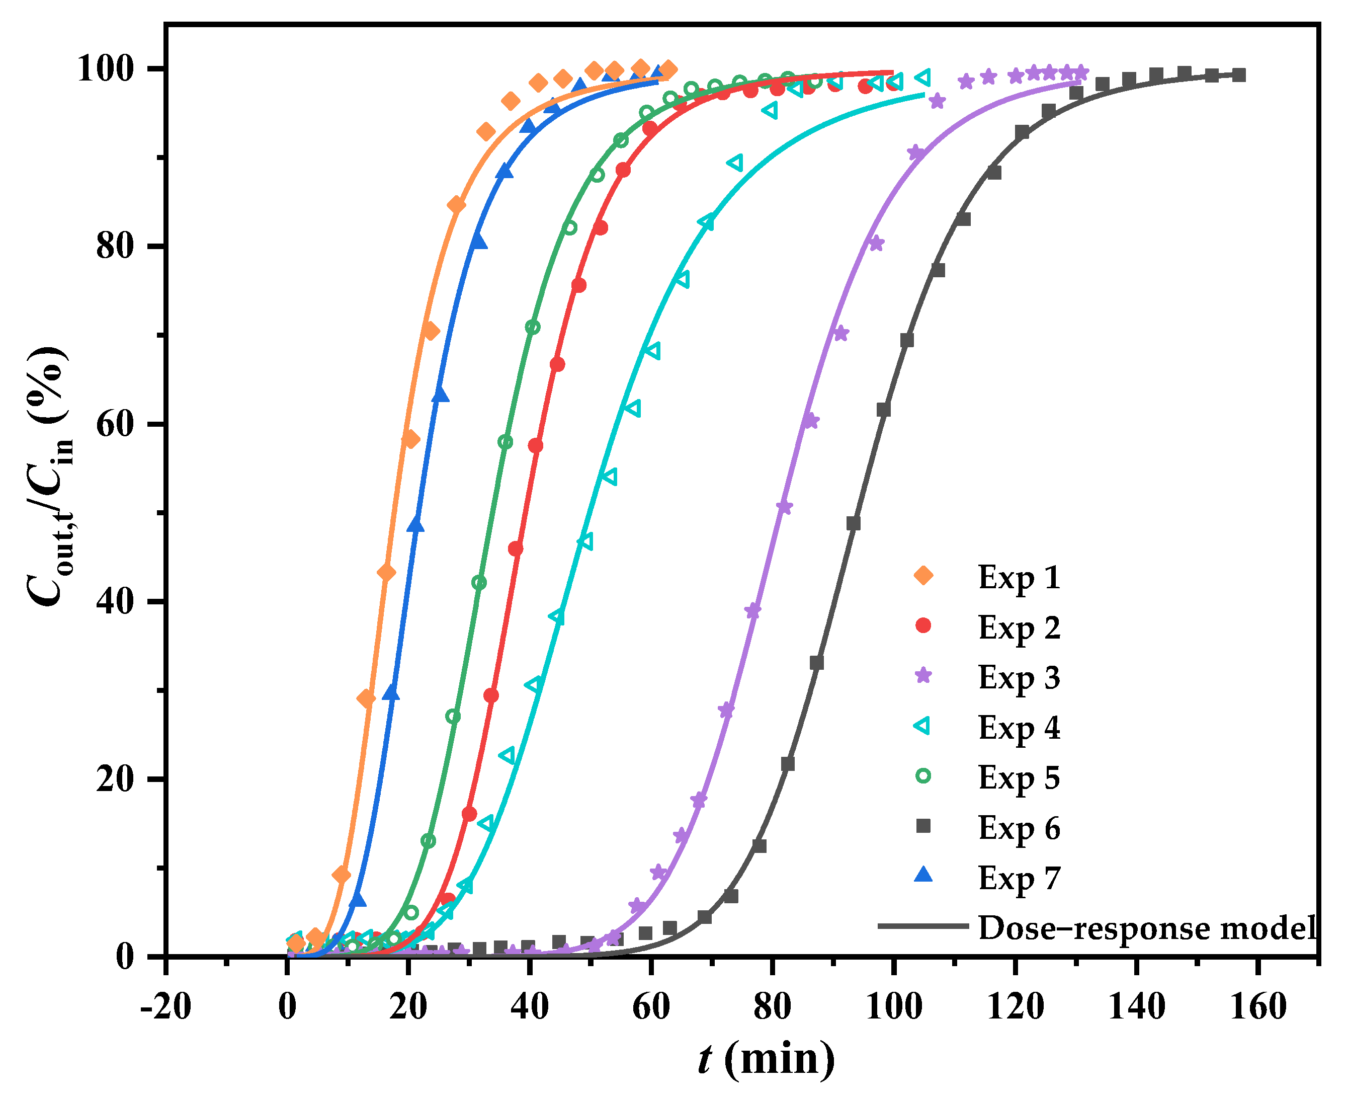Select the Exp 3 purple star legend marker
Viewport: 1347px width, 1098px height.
click(923, 675)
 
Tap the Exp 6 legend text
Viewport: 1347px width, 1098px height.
click(1019, 828)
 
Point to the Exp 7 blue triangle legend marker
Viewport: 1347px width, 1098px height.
click(923, 876)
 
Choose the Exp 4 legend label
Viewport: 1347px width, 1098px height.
click(1019, 727)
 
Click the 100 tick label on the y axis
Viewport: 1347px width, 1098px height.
click(106, 69)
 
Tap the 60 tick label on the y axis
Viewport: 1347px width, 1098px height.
click(115, 424)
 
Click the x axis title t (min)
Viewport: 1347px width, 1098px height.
click(766, 1059)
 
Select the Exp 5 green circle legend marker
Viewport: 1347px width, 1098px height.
click(923, 776)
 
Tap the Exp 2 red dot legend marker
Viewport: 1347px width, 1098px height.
click(923, 625)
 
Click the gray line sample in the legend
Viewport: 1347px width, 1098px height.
click(923, 926)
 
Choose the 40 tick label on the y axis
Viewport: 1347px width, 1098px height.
click(115, 601)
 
